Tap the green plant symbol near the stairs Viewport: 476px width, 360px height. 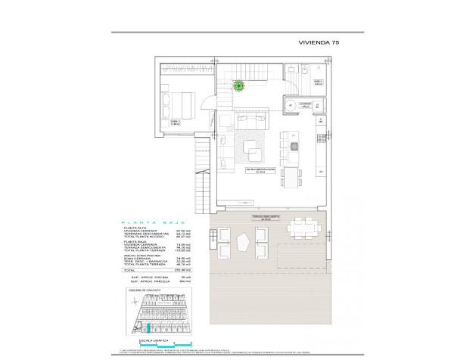pos(239,86)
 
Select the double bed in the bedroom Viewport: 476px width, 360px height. pos(179,101)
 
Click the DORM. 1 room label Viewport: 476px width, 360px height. pos(175,121)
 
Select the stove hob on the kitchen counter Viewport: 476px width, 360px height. pos(321,139)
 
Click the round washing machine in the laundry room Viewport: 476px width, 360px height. pos(291,106)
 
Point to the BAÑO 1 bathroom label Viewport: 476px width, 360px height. pos(319,83)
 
